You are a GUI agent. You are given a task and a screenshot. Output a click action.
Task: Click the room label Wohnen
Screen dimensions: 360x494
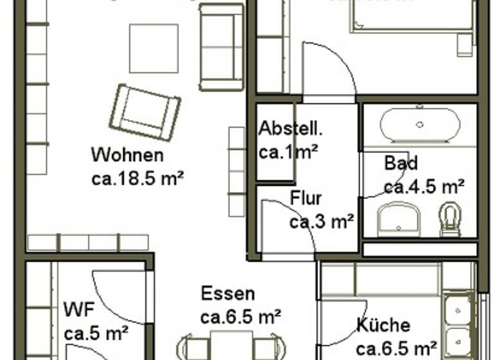click(x=127, y=155)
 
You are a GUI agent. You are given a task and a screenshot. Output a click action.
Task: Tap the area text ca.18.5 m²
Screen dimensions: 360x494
click(x=138, y=177)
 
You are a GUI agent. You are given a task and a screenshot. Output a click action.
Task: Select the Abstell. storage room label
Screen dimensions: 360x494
click(x=290, y=129)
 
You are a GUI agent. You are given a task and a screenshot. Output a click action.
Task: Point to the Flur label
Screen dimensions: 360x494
click(x=306, y=198)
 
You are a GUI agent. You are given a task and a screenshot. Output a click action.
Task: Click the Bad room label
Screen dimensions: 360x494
click(x=401, y=163)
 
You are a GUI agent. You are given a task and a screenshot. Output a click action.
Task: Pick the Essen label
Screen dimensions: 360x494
click(x=228, y=294)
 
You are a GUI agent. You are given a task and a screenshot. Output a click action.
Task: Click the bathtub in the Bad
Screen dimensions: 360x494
click(x=419, y=125)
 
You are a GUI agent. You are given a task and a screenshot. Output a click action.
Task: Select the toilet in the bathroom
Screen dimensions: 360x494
click(x=450, y=219)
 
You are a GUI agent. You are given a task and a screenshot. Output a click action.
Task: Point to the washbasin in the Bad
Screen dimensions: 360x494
click(x=398, y=219)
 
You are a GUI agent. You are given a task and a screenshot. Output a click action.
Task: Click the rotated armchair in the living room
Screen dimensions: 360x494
click(x=145, y=112)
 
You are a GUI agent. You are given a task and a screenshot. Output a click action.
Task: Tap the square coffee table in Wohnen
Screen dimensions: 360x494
click(x=153, y=48)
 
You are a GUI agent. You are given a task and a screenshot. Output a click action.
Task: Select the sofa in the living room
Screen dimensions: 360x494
click(x=222, y=46)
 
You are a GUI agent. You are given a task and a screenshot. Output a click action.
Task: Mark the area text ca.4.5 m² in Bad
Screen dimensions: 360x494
click(x=424, y=187)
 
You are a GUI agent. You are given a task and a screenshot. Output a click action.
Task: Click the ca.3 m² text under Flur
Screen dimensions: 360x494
click(x=322, y=222)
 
